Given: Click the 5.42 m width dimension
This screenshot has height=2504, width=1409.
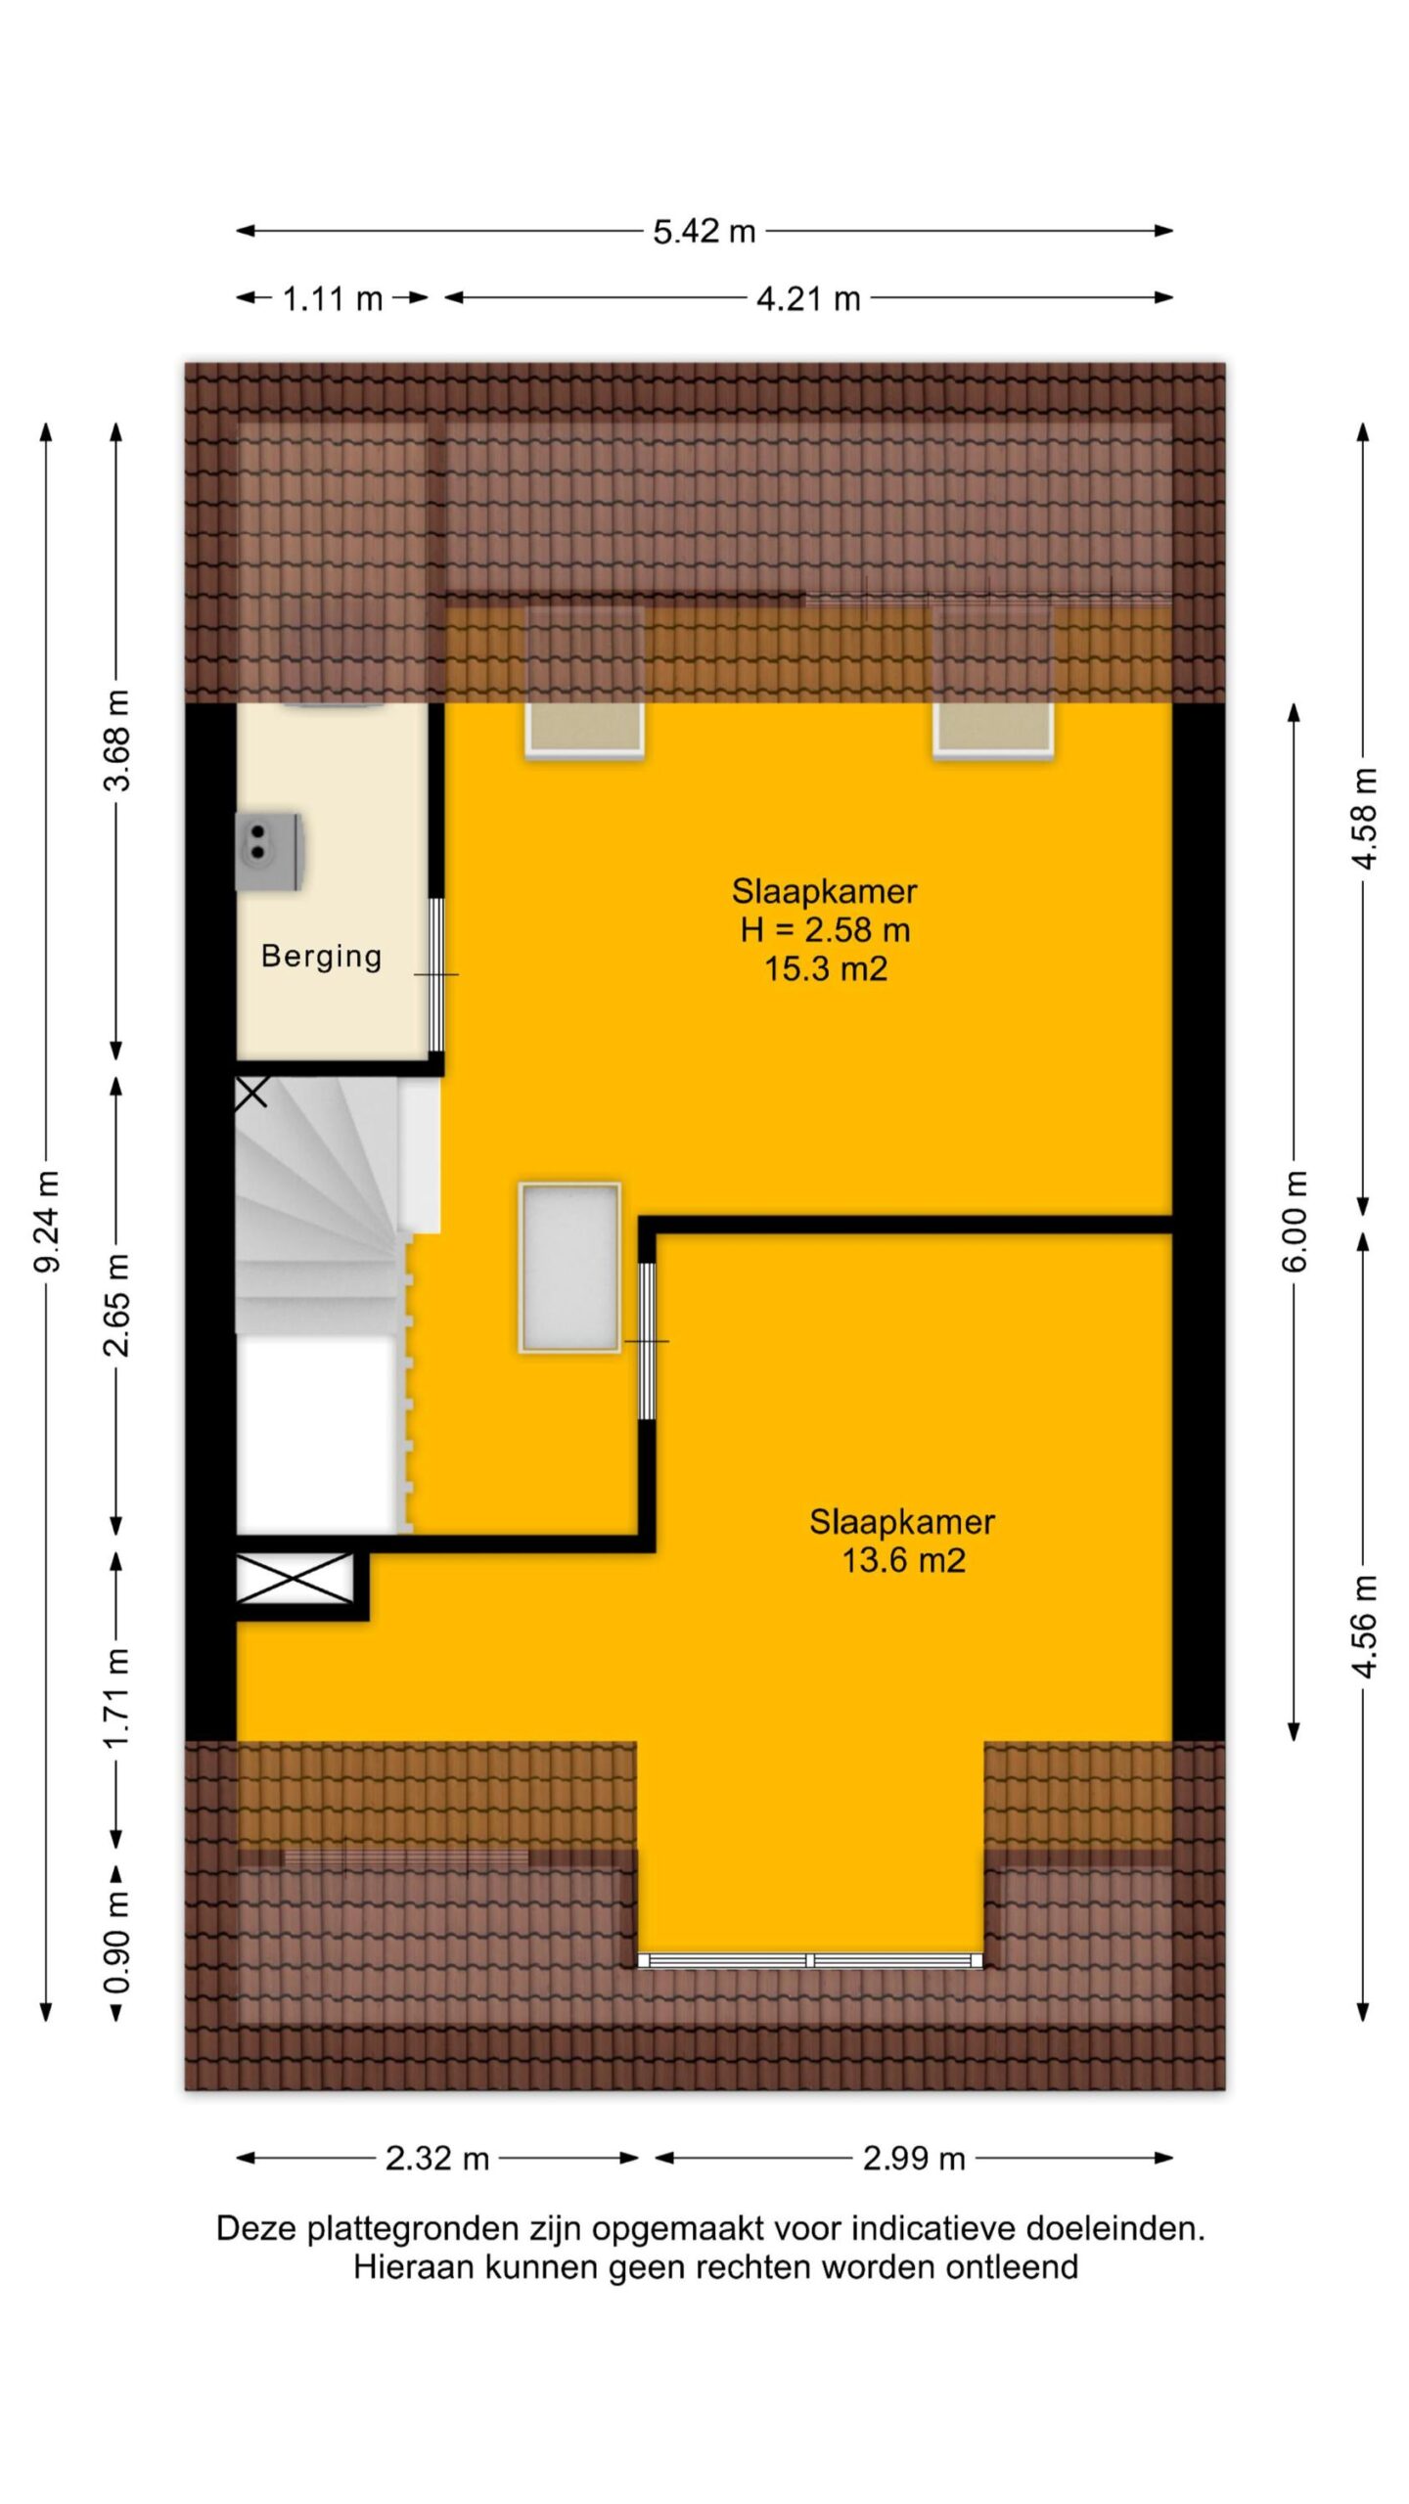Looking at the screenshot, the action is point(704,232).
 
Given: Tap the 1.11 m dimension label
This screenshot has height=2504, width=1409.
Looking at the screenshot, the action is point(333,298).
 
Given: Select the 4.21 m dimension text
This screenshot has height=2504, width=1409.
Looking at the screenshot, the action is point(808,298).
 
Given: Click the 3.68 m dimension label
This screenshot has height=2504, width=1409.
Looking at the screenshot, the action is point(117,739).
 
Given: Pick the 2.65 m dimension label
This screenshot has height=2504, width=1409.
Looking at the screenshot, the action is point(117,1305).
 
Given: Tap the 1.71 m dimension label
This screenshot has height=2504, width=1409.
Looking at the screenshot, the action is point(117,1699).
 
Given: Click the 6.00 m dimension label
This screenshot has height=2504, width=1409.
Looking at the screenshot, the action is point(1294,1221).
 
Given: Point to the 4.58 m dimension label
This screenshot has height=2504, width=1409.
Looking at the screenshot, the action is point(1364,818).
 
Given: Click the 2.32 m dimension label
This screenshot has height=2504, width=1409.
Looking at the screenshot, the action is point(436,2159).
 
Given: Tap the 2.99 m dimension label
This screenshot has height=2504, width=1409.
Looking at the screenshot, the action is point(914,2159).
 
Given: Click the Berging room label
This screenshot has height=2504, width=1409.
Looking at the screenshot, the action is point(322,957).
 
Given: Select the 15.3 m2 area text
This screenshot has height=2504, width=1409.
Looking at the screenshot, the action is point(826,969).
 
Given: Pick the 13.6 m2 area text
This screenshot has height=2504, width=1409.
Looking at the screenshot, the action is point(904,1560).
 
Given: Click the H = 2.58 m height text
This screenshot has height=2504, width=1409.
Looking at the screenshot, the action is point(826,930).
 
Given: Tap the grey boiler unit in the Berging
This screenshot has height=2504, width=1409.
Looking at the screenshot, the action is point(269,851).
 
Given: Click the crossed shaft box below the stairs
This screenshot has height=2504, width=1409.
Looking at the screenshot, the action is point(295,1579).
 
